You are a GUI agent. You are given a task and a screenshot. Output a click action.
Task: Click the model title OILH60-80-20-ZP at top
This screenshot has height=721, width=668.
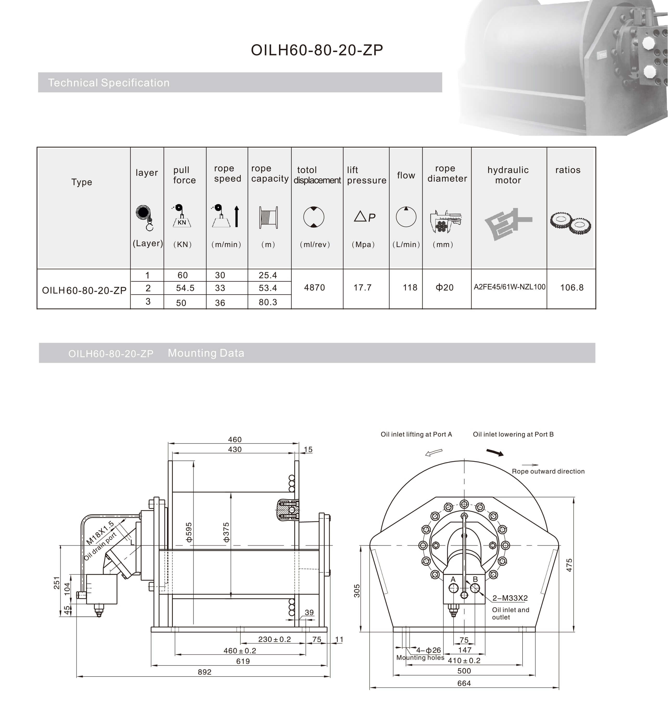pos(317,50)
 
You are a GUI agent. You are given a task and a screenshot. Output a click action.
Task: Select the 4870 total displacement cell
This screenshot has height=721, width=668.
pos(314,288)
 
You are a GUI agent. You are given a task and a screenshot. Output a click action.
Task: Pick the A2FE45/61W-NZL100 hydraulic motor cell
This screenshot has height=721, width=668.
pos(509,287)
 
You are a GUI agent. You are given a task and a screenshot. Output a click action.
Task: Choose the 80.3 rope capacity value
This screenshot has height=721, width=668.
pos(268,302)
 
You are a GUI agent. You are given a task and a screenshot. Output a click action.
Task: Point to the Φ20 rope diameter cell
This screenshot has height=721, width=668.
pos(444,288)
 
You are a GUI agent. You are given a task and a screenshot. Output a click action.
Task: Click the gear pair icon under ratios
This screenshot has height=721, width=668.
pos(570,223)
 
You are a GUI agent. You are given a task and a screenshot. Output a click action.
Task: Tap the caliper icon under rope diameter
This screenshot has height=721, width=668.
pos(445,221)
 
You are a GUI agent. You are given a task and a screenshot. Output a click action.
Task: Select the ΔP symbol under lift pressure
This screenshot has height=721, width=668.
pos(364,217)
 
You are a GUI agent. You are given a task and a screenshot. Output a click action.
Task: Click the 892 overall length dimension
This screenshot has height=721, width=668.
pos(204,672)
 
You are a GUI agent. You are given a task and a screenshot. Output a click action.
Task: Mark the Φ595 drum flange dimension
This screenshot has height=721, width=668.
pos(189,532)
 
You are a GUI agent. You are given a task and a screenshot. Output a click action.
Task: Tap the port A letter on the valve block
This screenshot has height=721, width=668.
pos(453,579)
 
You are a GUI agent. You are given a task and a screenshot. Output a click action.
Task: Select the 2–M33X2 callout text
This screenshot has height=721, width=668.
pos(510,598)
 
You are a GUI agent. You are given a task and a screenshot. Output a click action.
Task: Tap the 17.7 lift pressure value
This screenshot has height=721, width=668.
pos(362,288)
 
